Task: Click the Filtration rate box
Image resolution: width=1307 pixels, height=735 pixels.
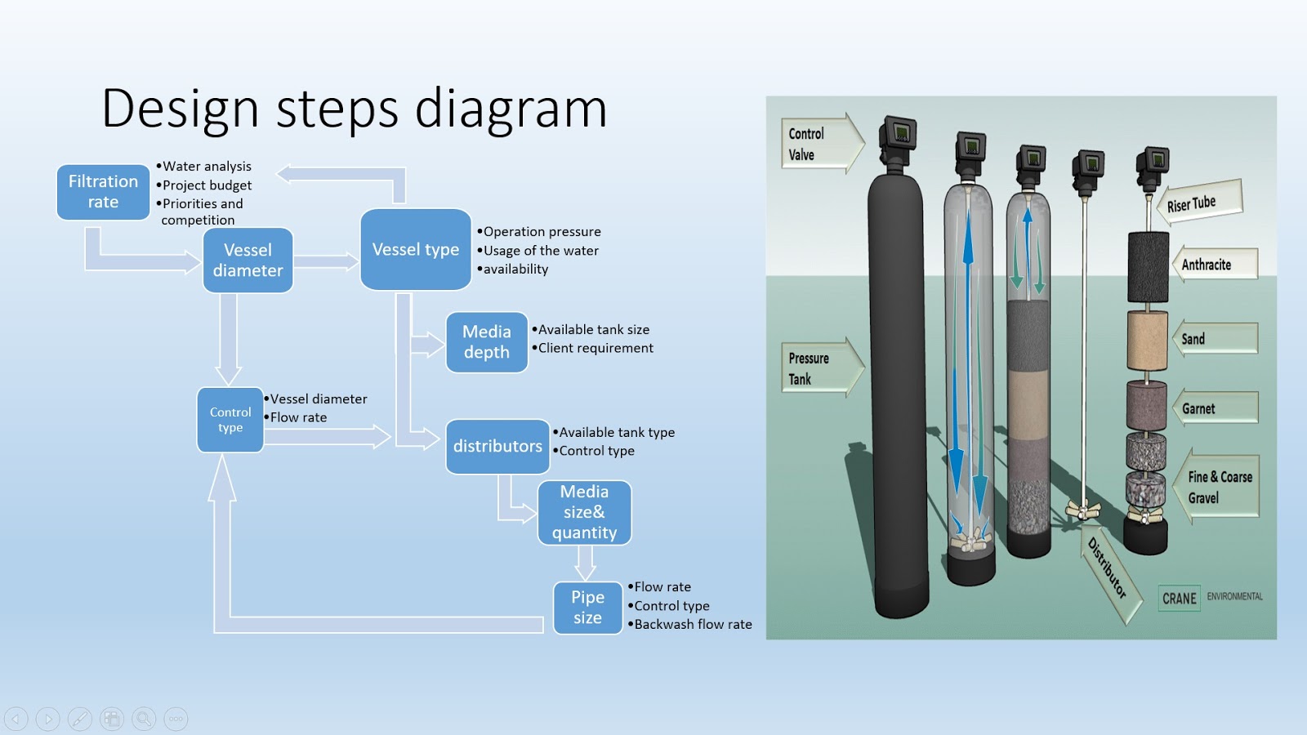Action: point(103,192)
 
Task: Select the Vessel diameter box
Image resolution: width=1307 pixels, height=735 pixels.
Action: point(248,261)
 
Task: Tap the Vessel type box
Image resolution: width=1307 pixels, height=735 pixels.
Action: point(415,249)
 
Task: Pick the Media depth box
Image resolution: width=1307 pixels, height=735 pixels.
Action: point(487,342)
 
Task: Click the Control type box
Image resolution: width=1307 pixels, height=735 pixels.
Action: point(230,420)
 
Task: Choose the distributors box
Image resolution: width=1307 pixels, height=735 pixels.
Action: point(497,446)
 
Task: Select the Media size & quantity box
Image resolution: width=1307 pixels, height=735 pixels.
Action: point(584,512)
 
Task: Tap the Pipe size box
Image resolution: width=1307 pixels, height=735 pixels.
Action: point(587,608)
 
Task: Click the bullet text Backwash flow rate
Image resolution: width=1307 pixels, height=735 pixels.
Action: point(693,625)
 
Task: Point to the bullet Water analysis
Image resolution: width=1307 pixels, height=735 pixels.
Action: point(207,167)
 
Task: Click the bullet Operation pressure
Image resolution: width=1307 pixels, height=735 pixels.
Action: point(542,232)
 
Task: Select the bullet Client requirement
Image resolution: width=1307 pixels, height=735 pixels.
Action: point(596,348)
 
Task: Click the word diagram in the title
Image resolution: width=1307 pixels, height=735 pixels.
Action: point(511,109)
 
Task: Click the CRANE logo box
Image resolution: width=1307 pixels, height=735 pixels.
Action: point(1179,599)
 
